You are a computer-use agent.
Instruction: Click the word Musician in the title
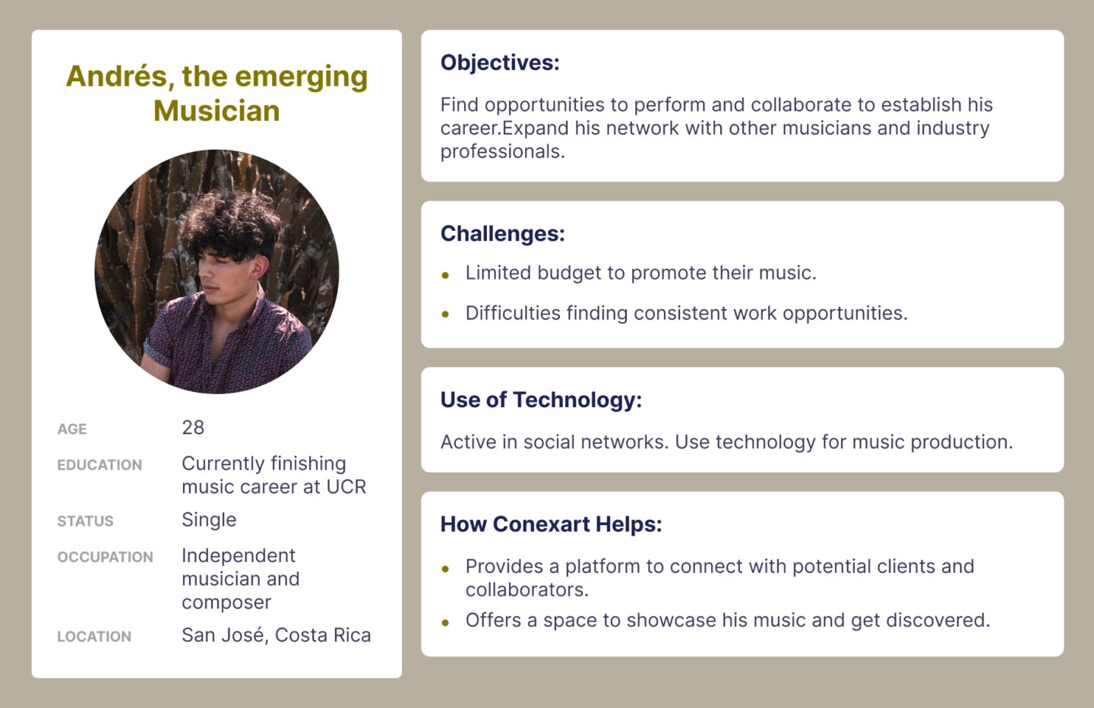tap(217, 111)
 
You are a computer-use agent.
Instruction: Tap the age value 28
tap(193, 428)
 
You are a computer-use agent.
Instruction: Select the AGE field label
tap(71, 429)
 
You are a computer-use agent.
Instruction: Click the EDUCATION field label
tap(100, 465)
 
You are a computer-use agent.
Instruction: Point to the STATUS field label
tap(85, 521)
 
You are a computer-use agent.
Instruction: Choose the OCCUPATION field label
tap(105, 557)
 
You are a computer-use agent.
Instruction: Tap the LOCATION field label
tap(94, 637)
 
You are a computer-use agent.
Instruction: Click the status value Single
tap(209, 520)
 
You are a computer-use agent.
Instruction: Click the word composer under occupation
tap(226, 602)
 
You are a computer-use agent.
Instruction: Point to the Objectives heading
tap(500, 63)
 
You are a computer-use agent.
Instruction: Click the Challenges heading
tap(503, 233)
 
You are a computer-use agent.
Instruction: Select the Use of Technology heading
tap(541, 400)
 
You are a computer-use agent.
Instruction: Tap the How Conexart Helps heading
tap(551, 524)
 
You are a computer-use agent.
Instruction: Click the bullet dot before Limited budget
tap(445, 276)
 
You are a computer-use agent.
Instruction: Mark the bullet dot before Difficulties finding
tap(445, 314)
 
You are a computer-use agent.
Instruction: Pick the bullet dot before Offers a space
tap(445, 623)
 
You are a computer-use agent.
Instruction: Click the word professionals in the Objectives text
tap(503, 153)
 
